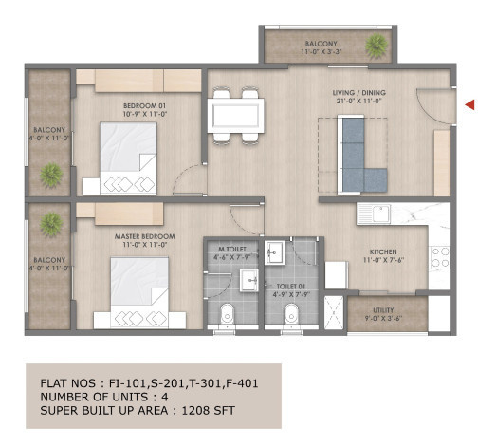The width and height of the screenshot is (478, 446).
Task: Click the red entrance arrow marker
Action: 468,104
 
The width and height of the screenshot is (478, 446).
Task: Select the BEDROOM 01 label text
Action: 145,106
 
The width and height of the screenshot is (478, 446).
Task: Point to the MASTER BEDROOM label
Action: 140,236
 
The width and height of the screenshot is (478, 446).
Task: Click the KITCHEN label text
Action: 383,252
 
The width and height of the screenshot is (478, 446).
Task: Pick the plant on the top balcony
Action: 377,45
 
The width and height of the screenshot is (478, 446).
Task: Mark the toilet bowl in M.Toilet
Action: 225,316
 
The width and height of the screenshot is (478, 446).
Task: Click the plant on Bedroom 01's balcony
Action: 50,175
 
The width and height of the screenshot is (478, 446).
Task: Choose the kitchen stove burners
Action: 439,256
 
